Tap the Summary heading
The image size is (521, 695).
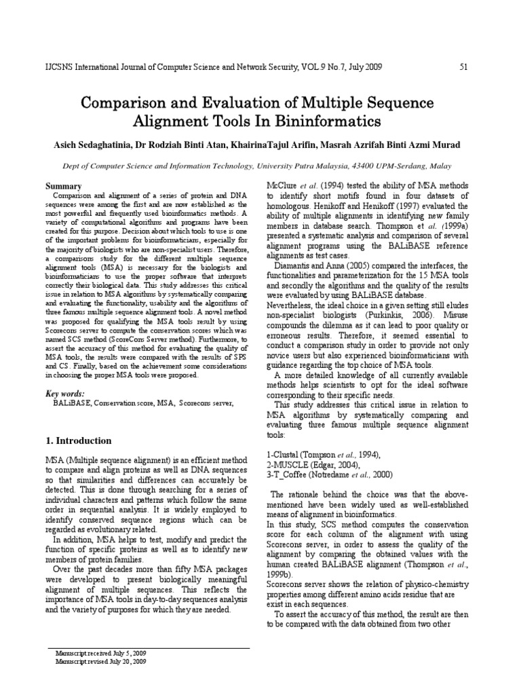[63, 187]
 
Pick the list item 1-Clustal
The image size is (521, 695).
[284, 455]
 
